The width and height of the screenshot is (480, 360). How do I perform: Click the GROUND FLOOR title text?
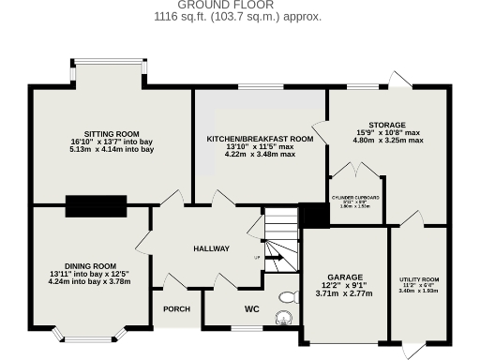(x=239, y=5)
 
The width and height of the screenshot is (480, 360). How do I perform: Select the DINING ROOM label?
(x=90, y=265)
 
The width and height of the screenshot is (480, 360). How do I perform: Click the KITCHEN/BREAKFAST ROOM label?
(x=260, y=138)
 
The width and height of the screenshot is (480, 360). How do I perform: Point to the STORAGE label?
(x=386, y=124)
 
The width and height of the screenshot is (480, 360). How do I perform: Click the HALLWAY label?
(x=211, y=248)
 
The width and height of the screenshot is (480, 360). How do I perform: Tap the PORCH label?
(x=177, y=308)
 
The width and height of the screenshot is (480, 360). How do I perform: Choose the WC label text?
(x=251, y=307)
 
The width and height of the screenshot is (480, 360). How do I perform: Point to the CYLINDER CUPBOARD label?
(x=355, y=198)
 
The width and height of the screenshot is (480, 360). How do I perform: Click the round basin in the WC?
(x=282, y=319)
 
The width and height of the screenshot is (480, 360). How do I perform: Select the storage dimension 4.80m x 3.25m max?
(x=386, y=141)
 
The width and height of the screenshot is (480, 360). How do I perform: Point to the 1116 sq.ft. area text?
(x=239, y=17)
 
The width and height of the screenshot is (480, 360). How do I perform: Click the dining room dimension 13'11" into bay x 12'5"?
(x=90, y=273)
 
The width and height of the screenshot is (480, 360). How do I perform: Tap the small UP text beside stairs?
(x=257, y=257)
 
